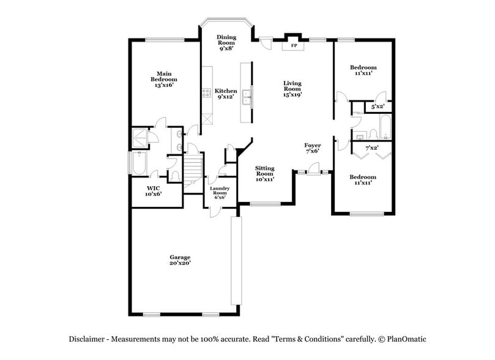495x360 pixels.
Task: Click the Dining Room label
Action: point(226,40)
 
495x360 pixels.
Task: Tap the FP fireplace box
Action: point(294,46)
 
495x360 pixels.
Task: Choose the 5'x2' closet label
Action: point(378,107)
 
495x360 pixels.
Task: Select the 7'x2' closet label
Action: point(371,148)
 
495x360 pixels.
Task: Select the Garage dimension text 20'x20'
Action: point(180,263)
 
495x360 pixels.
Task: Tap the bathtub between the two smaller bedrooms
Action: point(385,127)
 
